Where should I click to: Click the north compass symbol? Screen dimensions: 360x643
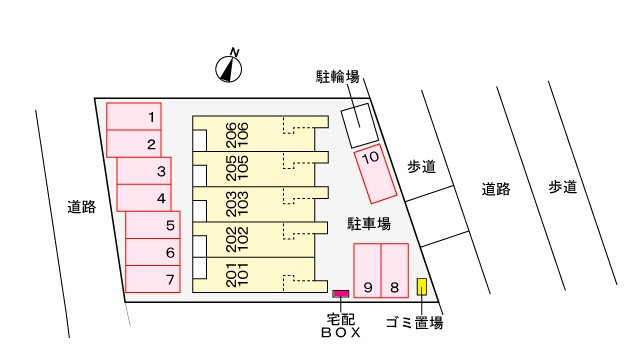[x=230, y=67]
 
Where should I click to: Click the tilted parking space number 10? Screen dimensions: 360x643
[x=376, y=171]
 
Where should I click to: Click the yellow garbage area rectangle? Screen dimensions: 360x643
[x=422, y=288]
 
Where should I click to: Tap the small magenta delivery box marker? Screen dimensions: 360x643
[x=340, y=293]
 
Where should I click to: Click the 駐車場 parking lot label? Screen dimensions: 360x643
[x=368, y=222]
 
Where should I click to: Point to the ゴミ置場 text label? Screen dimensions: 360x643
[x=414, y=322]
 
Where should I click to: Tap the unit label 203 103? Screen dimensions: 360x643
[x=237, y=202]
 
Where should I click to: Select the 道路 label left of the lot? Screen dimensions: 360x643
[x=82, y=207]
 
